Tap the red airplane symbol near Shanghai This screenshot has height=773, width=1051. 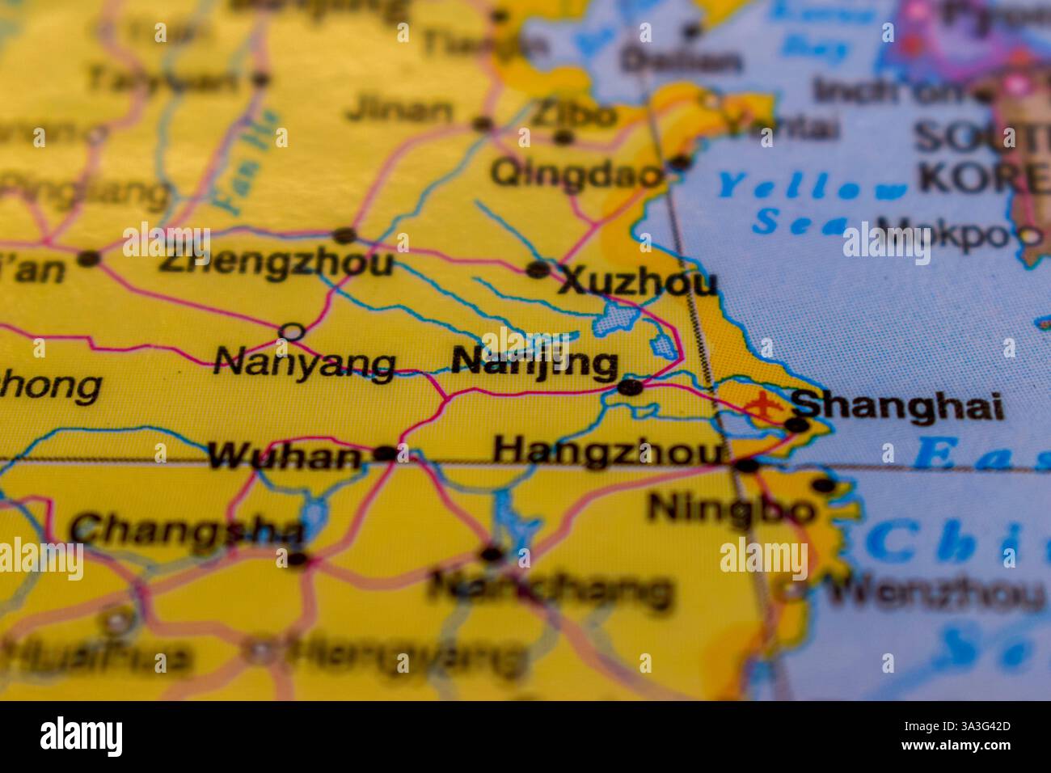[761, 404]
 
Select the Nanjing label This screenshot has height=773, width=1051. [534, 363]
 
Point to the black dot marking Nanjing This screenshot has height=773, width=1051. [630, 388]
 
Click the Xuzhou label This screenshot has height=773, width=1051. [637, 282]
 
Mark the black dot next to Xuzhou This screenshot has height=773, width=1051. [538, 269]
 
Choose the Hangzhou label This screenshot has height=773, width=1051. [608, 450]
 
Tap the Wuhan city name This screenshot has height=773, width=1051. [284, 457]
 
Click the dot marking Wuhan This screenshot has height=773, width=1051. [385, 454]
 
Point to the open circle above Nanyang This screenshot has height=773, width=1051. [292, 332]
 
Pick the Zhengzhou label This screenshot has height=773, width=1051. [276, 263]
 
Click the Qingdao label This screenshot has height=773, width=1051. [576, 173]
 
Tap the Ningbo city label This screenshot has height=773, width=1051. [731, 509]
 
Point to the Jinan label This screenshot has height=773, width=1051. [399, 111]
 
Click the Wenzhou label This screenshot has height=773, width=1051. [935, 594]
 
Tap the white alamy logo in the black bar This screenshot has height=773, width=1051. [82, 737]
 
